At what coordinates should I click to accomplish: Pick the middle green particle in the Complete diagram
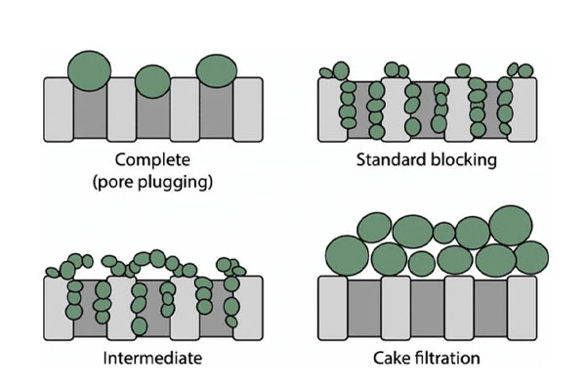click(x=152, y=81)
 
